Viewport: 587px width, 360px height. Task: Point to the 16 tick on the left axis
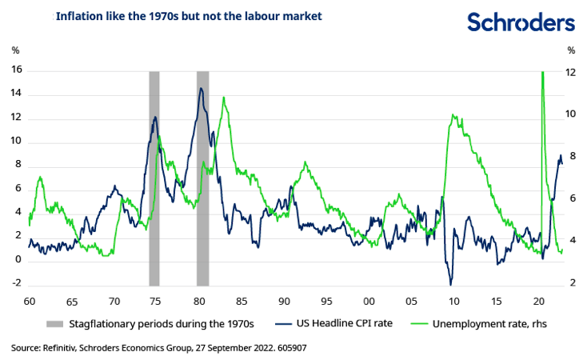(x=16, y=70)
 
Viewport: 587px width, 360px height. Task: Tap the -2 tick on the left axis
(x=16, y=284)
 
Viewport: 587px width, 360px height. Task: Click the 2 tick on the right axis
(x=571, y=282)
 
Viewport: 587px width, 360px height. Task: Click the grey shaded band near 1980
(x=202, y=176)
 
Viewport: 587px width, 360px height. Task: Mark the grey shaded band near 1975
(x=154, y=176)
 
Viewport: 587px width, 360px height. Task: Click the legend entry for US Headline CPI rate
(x=338, y=324)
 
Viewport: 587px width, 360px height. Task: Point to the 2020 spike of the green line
(x=543, y=73)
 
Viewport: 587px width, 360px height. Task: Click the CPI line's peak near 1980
(x=201, y=88)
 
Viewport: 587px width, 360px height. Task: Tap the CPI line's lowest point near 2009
(x=450, y=284)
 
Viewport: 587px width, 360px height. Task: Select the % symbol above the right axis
(x=571, y=50)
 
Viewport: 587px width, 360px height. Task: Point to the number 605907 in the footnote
(x=290, y=348)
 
